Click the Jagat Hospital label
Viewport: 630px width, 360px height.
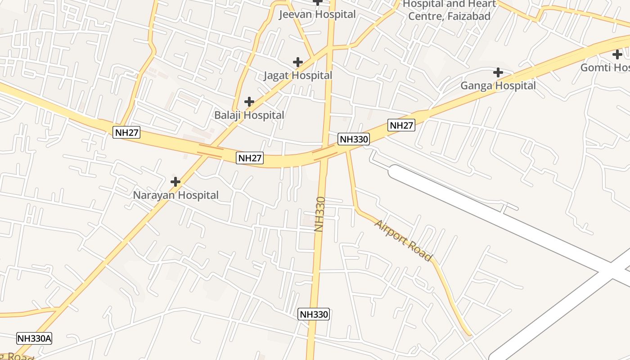[297, 76]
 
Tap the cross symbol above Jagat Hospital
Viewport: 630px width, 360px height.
[297, 62]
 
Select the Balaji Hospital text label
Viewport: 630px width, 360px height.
[249, 115]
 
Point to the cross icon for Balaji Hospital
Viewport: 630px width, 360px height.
[249, 102]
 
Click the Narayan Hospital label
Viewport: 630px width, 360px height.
[175, 195]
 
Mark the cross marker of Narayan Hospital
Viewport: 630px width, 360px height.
[175, 182]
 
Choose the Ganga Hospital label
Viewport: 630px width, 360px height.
[498, 85]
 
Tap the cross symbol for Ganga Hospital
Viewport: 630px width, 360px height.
[498, 72]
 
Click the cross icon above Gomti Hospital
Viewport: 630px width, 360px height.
[617, 54]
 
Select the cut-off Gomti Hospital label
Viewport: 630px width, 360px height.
[605, 68]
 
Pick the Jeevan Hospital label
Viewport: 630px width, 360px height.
[317, 14]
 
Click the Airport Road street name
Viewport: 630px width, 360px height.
[403, 240]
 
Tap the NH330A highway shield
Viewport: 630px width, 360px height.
[34, 338]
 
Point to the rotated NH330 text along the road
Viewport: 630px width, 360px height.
[319, 214]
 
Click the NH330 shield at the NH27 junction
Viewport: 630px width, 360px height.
[354, 139]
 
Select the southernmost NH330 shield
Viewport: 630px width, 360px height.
[314, 314]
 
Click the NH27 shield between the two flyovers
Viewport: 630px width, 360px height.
[249, 158]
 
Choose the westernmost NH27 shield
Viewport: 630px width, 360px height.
[126, 132]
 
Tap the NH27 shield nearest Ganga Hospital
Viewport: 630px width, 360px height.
[401, 125]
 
